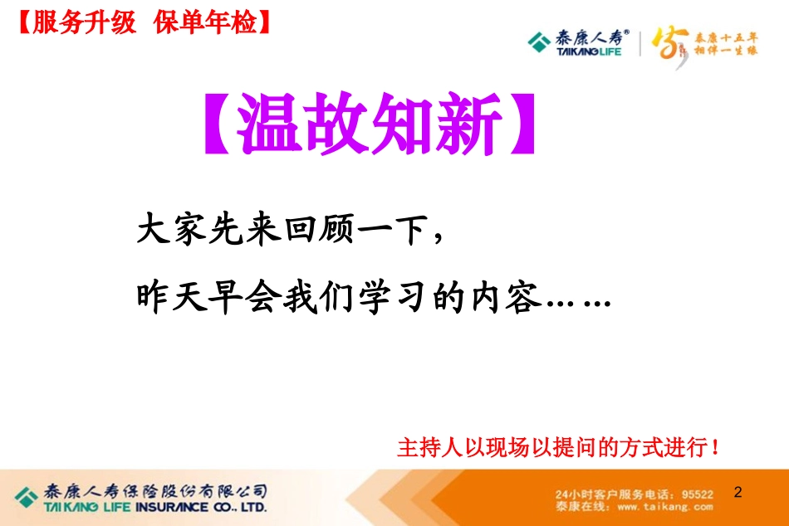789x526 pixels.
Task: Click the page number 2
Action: [x=737, y=492]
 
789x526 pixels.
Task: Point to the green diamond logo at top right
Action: [x=540, y=40]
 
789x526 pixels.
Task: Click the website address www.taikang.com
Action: [x=666, y=505]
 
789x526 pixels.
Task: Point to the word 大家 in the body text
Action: [x=169, y=230]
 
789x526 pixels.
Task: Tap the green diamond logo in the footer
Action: [x=27, y=493]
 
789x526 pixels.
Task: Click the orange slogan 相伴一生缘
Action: [x=726, y=50]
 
